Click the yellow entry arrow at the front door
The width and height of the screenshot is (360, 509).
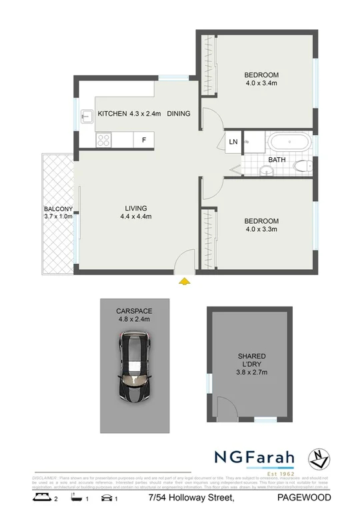pyautogui.click(x=185, y=282)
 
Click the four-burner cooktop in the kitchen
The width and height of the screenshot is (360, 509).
pyautogui.click(x=105, y=140)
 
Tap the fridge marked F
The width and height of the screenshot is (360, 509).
pyautogui.click(x=144, y=140)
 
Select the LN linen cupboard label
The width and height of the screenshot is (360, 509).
pyautogui.click(x=233, y=142)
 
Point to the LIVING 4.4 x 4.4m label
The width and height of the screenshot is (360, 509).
pyautogui.click(x=136, y=211)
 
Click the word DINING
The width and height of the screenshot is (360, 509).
pyautogui.click(x=179, y=114)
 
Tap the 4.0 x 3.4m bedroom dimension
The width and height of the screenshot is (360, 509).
pyautogui.click(x=261, y=83)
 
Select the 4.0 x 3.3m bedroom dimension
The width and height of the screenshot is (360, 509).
pyautogui.click(x=261, y=229)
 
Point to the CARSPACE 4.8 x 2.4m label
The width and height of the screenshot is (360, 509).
pyautogui.click(x=134, y=315)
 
